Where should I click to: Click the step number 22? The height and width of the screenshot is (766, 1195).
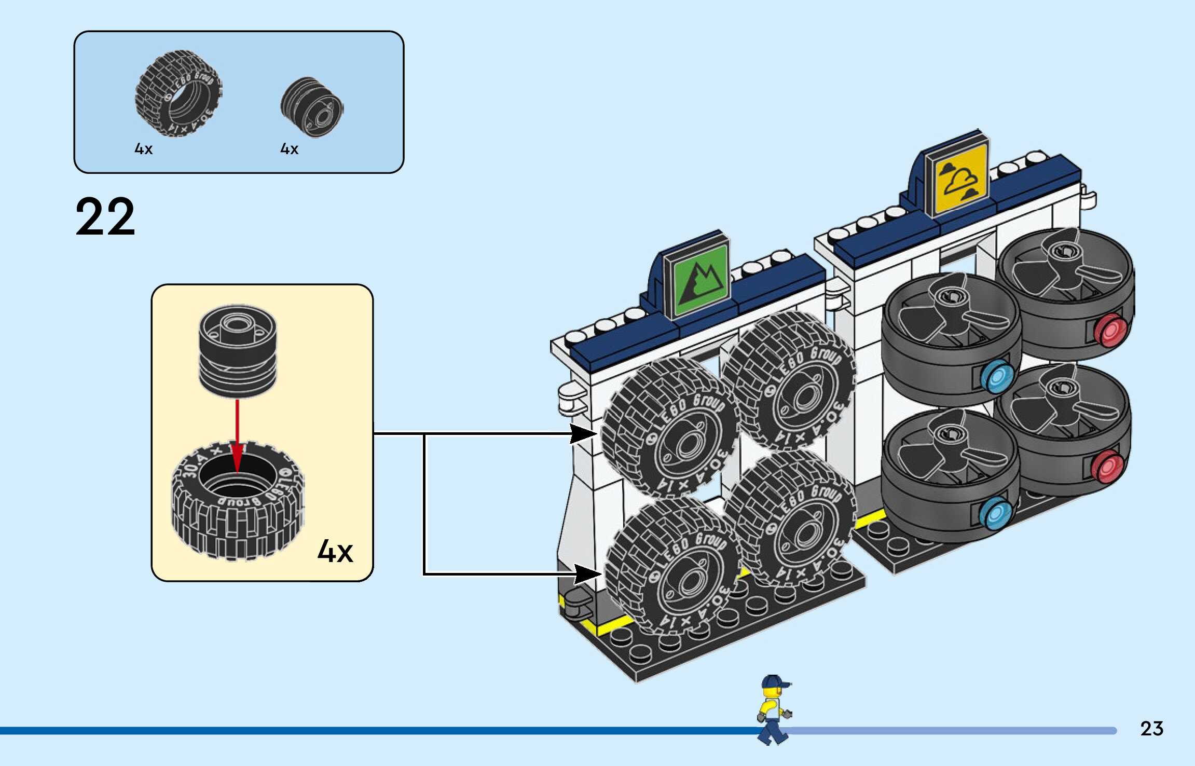(105, 217)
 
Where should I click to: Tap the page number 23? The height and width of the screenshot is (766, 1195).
(1151, 729)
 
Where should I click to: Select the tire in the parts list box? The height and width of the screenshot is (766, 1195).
(178, 93)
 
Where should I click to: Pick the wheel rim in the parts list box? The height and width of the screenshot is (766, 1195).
(312, 107)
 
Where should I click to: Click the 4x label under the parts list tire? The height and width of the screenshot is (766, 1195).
(143, 149)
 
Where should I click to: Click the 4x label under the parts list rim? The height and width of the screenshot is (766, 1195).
(289, 149)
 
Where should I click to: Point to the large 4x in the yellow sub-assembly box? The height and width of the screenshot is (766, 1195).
(335, 551)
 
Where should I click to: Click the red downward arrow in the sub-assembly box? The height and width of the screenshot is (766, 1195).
(237, 436)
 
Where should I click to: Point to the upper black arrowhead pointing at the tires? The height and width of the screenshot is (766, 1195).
(584, 433)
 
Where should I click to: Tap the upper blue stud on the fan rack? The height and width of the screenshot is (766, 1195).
(998, 377)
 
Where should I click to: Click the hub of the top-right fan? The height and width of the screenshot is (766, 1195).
(1064, 252)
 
